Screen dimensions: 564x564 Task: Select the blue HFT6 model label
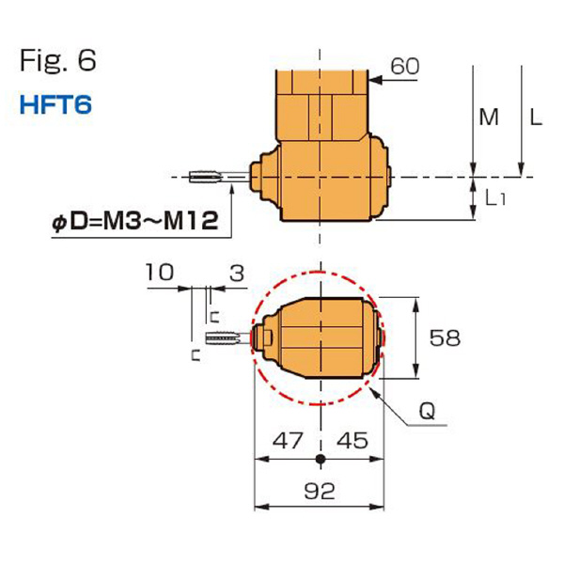pos(55,103)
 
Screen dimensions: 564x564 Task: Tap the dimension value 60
pos(405,67)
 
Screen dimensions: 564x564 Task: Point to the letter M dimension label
pos(489,117)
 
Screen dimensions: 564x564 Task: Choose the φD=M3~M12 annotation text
pos(136,222)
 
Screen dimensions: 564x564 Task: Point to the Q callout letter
pos(427,412)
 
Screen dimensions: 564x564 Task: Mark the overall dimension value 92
pos(321,491)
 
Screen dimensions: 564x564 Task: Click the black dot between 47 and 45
pos(321,460)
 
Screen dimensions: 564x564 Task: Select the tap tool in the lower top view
pos(224,337)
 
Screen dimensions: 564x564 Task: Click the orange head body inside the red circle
pos(320,337)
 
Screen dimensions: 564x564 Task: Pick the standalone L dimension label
pos(535,117)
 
